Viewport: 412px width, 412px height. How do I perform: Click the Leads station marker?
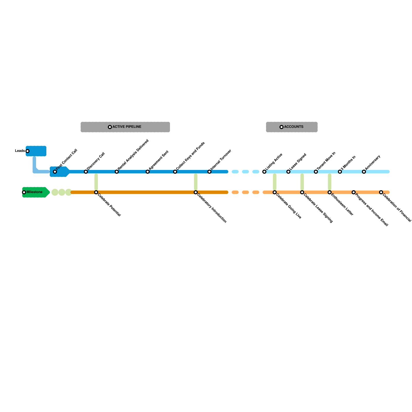[28, 151]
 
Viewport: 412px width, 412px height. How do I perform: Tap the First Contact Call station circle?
[55, 172]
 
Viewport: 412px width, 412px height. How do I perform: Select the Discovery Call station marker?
[86, 172]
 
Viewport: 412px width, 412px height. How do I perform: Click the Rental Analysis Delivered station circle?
[117, 172]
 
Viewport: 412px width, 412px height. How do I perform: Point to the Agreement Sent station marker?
[148, 172]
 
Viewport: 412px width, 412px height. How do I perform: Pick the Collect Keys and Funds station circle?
[175, 172]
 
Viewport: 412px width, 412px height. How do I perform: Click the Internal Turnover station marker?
[209, 172]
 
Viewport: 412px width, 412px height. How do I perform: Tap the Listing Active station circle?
[264, 172]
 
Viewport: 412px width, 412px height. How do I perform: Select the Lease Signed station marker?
[288, 172]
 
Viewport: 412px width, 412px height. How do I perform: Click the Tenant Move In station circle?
[316, 172]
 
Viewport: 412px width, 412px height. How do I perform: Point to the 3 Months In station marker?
[340, 172]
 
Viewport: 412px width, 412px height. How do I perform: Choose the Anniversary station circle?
[364, 172]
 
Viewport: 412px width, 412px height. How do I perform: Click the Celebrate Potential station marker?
[96, 192]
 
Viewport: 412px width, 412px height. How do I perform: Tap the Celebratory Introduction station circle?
[196, 192]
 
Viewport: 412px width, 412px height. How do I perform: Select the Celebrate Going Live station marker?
[275, 192]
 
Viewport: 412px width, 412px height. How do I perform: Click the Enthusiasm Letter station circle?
[330, 192]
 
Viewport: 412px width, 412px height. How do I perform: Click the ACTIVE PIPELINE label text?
[127, 127]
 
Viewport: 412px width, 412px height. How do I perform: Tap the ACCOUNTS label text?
[294, 127]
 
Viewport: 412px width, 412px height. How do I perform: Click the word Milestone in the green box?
[35, 192]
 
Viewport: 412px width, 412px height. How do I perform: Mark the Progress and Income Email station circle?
[354, 192]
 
